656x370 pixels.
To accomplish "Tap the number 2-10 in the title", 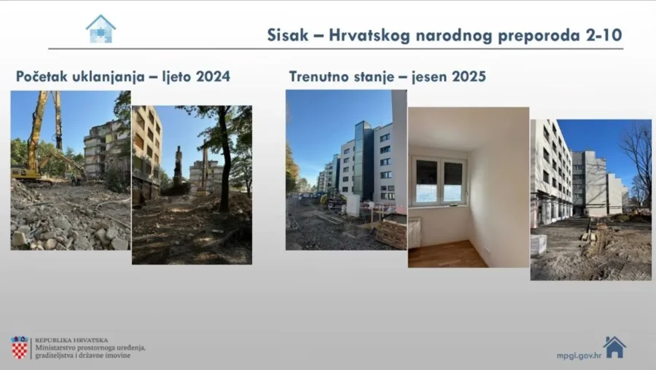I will (x=602, y=36).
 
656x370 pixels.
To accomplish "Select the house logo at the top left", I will (x=101, y=29).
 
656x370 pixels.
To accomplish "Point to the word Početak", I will (x=41, y=76).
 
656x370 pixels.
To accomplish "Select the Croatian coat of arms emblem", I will (x=20, y=347).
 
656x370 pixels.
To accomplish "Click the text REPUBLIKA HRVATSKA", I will (x=71, y=339).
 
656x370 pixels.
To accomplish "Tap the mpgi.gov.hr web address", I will (x=577, y=355).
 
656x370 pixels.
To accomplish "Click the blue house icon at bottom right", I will (x=614, y=347).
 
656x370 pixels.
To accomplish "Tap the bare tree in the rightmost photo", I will (x=639, y=157).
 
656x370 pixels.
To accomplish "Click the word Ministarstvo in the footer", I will (x=55, y=348).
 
